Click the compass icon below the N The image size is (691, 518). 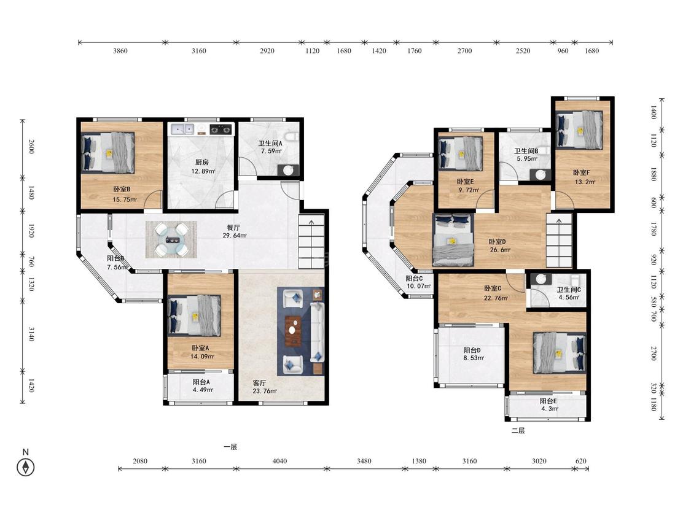point(26,467)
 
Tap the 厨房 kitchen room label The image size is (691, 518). point(202,162)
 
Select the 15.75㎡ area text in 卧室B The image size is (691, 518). point(125,199)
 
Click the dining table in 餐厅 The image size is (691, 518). point(171,239)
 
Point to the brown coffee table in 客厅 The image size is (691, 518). point(292,331)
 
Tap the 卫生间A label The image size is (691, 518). point(270,143)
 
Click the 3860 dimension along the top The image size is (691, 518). point(120,51)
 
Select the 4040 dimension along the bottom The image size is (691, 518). point(279,461)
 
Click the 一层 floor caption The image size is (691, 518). point(230,447)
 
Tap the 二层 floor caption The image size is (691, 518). point(518,430)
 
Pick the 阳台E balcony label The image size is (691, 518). point(549,401)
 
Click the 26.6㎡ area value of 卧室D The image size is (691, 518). point(500,250)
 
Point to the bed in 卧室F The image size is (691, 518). point(579,130)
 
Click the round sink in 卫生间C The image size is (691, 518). point(541,279)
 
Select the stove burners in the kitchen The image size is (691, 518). point(221,129)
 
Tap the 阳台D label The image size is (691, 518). point(472,350)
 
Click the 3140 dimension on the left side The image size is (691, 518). point(31,333)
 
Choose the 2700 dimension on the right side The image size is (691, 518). point(654,354)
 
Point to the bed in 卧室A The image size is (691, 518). point(194,315)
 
